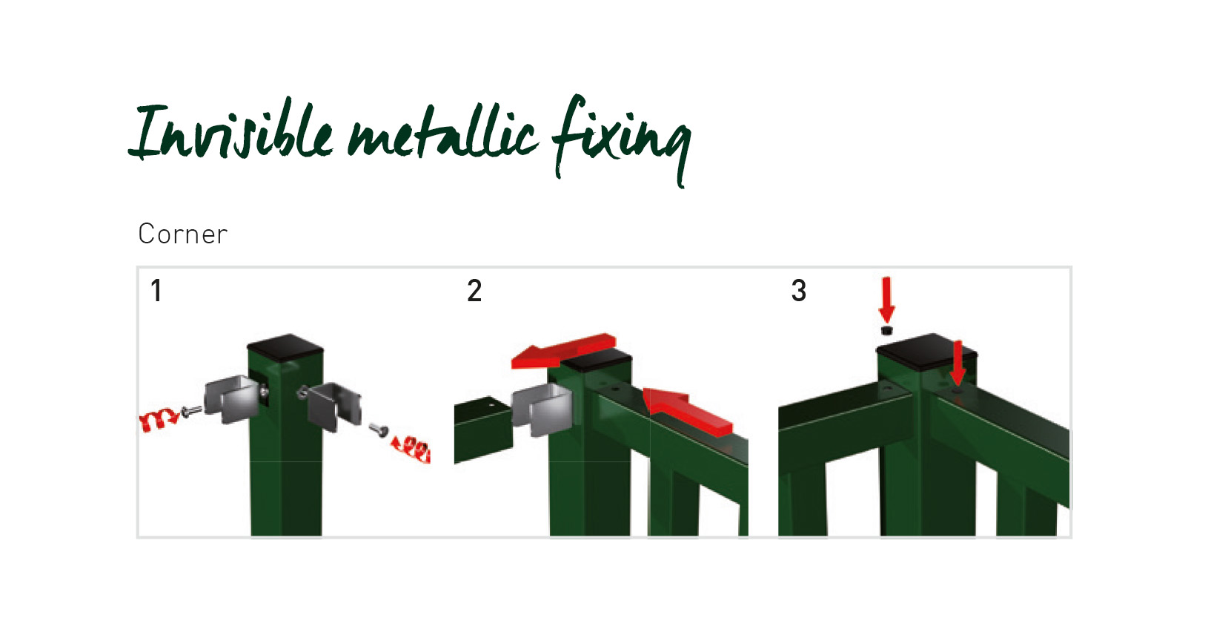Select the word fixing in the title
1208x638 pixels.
click(621, 140)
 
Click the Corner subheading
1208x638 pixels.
click(183, 234)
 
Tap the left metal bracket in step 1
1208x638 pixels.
click(235, 399)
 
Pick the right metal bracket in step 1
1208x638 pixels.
click(332, 406)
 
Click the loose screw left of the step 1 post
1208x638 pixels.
click(191, 411)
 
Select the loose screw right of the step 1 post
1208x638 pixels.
click(379, 430)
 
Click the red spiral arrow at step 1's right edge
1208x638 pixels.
click(411, 449)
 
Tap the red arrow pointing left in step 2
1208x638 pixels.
click(563, 351)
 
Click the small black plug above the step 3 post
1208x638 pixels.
click(886, 330)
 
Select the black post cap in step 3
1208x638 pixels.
click(926, 352)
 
